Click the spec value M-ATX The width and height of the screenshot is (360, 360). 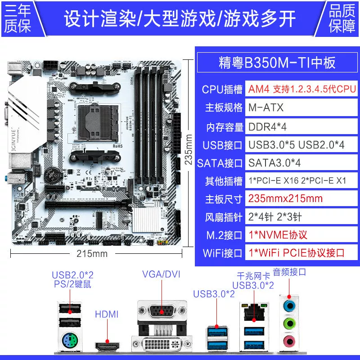[266, 108]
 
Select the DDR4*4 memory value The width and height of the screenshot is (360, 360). [267, 127]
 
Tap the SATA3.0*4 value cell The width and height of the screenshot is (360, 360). [274, 163]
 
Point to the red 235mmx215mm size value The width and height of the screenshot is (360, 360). [285, 198]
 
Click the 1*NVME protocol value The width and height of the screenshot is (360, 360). [278, 235]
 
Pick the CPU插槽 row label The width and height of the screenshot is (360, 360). [222, 89]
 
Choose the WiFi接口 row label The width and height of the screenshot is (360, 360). [222, 253]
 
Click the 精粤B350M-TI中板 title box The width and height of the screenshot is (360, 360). [277, 62]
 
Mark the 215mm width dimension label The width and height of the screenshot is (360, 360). [92, 254]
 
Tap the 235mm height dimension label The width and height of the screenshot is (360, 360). [189, 149]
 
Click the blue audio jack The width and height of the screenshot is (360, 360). [289, 306]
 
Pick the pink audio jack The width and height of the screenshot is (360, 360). [289, 342]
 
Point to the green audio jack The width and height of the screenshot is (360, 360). [289, 324]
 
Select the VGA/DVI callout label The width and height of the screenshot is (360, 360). [161, 274]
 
